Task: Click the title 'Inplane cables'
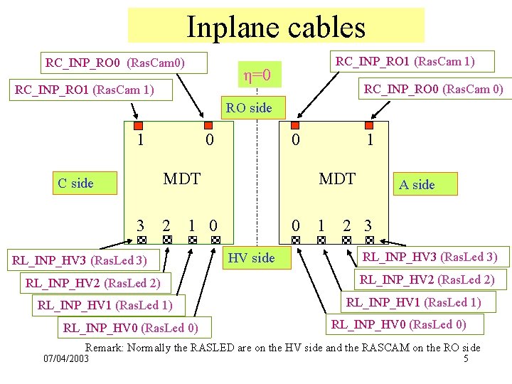coord(276,26)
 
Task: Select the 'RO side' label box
coord(255,109)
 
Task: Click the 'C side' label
coord(76,183)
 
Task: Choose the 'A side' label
coord(417,185)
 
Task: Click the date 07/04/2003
coord(66,360)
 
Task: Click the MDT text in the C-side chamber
coord(182,178)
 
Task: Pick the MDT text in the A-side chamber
coord(337,178)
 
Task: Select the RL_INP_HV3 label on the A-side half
coord(430,257)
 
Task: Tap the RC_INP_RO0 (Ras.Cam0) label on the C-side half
coord(114,63)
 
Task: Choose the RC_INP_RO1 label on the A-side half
coord(405,61)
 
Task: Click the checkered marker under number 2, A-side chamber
coord(346,240)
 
